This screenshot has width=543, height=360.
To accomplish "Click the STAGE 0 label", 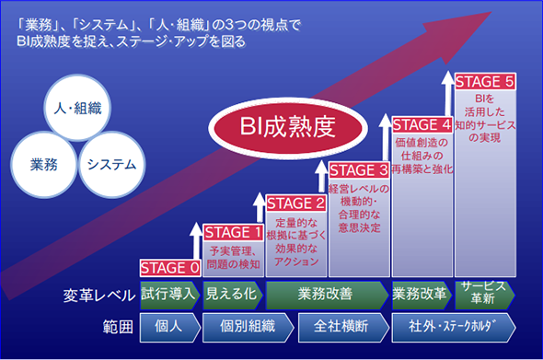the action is (x=170, y=268).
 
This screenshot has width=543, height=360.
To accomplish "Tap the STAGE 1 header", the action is (x=233, y=233).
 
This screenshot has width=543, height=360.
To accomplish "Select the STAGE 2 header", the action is (x=296, y=203).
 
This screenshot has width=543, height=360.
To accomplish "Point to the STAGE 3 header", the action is (x=359, y=170).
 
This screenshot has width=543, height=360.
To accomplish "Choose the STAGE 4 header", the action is (x=422, y=124).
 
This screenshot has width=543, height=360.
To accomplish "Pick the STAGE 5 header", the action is (x=485, y=82).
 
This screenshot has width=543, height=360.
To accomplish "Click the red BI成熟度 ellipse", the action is (x=288, y=128).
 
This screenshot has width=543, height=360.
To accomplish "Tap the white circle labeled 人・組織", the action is (x=77, y=108).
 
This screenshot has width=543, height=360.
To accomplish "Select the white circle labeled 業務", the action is (x=43, y=165).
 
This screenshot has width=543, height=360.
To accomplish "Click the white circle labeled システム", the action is (x=111, y=165).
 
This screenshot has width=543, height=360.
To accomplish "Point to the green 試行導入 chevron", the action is (x=170, y=295).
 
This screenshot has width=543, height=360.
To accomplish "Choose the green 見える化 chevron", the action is (x=233, y=295).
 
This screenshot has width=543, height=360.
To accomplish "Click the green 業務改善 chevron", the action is (x=327, y=295).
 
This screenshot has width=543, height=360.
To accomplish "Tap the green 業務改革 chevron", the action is (x=422, y=295).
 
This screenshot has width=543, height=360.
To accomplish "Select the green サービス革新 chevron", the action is (x=485, y=295).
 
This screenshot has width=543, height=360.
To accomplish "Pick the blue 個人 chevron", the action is (x=170, y=328).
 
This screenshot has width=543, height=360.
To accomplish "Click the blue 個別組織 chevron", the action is (x=248, y=328).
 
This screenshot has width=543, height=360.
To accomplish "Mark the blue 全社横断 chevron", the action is (x=343, y=328).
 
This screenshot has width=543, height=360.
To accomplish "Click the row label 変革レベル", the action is (x=99, y=296).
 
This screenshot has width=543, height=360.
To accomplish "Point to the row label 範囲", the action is (x=118, y=327).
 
